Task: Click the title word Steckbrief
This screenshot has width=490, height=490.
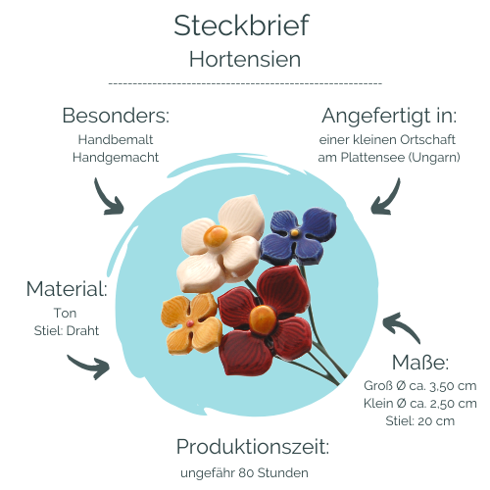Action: pos(241,25)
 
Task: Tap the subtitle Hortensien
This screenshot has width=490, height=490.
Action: pos(245,60)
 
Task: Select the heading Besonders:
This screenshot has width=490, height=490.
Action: pos(116,116)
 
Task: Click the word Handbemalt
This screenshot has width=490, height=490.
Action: pos(116,140)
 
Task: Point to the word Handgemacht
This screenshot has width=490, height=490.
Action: pos(116,158)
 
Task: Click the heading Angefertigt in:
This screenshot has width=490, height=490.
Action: pos(389,117)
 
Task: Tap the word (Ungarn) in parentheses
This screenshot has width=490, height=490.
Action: pos(434,158)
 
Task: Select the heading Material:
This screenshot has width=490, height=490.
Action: pos(67,289)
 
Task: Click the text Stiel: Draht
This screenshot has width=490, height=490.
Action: pos(67,331)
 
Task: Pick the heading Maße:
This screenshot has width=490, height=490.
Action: pos(420,363)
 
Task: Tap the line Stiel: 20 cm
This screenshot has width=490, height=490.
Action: pos(420,421)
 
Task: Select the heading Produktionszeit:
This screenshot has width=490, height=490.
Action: pos(253,447)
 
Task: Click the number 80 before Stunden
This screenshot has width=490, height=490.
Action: pos(246,473)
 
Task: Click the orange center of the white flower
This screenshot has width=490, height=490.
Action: pos(216,236)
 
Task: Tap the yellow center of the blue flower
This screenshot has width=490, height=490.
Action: pos(295,232)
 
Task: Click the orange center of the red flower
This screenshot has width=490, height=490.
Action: pos(263,320)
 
